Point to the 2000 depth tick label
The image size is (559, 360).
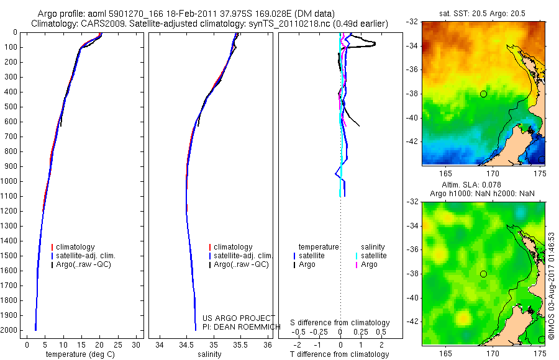(11, 330)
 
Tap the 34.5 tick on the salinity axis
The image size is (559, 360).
(186, 344)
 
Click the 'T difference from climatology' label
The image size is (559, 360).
(340, 354)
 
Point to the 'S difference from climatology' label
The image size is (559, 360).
(340, 323)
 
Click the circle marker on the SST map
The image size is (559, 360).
(483, 94)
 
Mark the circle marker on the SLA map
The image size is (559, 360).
(483, 274)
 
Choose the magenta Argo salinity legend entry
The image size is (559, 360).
(369, 264)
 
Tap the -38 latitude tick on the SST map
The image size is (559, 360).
(412, 94)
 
